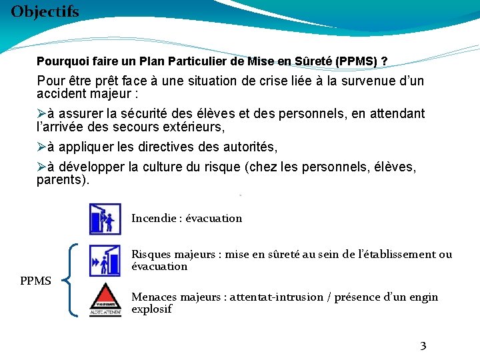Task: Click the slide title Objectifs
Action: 45,11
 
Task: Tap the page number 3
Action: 423,345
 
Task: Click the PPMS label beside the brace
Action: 35,281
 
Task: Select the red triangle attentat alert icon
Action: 105,299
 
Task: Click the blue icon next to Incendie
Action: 105,219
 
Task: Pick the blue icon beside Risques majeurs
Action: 105,261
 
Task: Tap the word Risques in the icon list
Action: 151,254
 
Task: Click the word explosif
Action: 151,309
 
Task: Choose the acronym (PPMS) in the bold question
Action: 357,61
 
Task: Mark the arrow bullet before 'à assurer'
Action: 41,114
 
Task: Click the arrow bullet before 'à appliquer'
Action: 41,147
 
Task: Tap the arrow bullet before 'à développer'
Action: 41,167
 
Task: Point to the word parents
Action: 60,180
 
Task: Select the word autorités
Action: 249,147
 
